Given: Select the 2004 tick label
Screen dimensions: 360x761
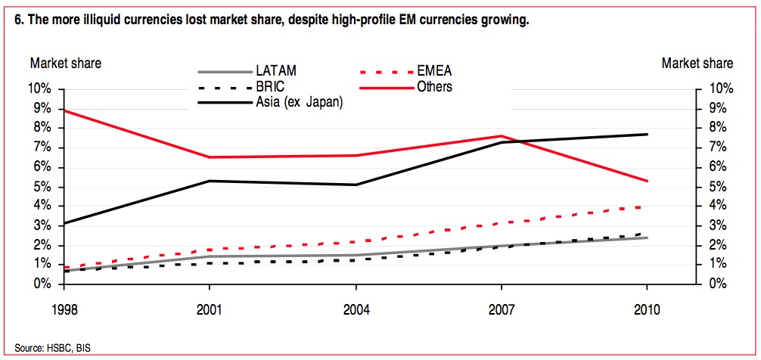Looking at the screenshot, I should (x=356, y=310).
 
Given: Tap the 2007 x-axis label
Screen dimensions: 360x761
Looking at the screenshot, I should (x=501, y=310).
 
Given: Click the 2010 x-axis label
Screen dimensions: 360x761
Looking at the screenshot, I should (x=646, y=310).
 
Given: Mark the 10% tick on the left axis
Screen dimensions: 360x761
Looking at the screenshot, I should (x=39, y=89).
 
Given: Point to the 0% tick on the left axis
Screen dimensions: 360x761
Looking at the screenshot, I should (x=42, y=284).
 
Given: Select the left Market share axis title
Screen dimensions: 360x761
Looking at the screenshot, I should (x=65, y=64).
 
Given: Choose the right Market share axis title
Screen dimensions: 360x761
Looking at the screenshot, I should (x=697, y=64).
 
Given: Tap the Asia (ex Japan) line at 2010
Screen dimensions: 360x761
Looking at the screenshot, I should (x=646, y=134).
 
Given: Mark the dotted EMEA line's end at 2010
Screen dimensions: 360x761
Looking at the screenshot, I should (x=646, y=206).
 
